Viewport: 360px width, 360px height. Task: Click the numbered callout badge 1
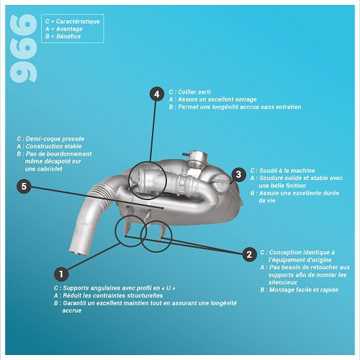pos(62,274)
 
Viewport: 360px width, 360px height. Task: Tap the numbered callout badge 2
pos(249,254)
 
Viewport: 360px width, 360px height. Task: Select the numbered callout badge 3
pos(238,174)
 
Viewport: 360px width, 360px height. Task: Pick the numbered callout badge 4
pos(156,94)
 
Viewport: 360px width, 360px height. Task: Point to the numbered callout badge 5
pos(24,186)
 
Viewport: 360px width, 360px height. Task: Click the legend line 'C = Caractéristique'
pos(72,22)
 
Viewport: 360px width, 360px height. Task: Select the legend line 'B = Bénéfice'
pos(63,37)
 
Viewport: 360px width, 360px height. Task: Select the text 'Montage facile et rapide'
pos(301,289)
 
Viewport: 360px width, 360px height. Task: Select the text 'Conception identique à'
pos(301,253)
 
